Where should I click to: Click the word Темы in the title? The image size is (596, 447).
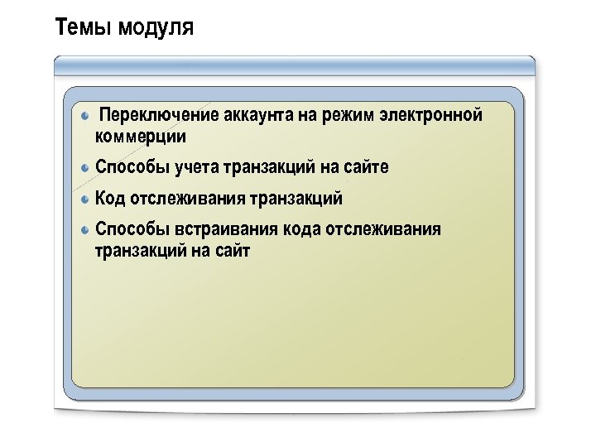84,29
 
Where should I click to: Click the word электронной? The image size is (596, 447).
430,115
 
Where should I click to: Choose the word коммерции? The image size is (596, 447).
141,136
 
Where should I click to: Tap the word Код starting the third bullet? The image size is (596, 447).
110,199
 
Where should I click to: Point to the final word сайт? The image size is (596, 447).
232,250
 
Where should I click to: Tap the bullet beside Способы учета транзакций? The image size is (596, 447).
86,167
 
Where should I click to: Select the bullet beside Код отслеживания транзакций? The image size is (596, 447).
86,199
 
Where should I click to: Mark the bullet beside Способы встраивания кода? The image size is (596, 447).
86,229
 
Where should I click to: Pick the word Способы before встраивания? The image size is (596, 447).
132,229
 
